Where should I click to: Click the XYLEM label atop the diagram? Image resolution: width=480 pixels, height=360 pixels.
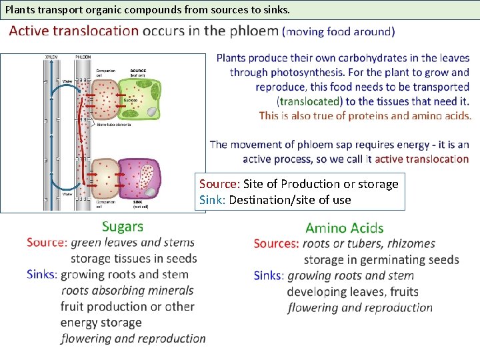[x=51, y=57]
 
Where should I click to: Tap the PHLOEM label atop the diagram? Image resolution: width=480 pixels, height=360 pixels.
[x=83, y=57]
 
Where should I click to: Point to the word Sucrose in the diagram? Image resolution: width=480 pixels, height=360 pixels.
[x=130, y=101]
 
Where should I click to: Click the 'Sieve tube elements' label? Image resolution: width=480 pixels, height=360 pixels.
[x=112, y=125]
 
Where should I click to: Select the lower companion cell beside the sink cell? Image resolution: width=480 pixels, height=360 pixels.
[x=104, y=180]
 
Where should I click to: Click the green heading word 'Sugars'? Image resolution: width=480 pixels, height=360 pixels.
[x=123, y=227]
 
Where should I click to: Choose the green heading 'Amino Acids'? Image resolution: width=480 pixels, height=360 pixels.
[x=345, y=229]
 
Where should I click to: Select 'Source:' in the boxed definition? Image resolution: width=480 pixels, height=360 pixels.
[x=219, y=184]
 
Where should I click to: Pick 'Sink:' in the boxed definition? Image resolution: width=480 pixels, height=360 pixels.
[x=213, y=199]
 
